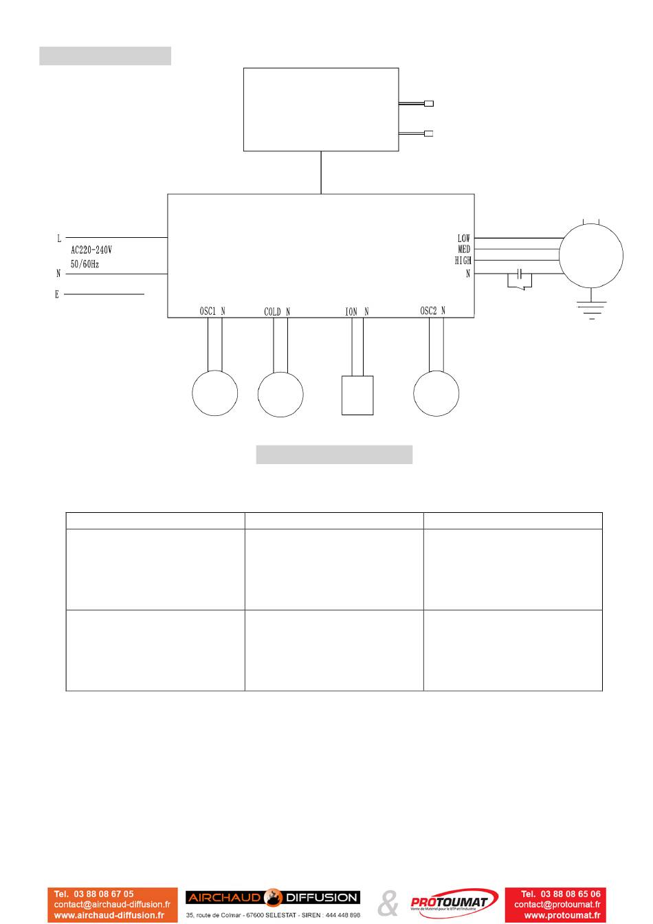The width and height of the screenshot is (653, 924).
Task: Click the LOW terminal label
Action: [464, 239]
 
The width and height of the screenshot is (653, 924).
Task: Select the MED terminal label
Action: [464, 250]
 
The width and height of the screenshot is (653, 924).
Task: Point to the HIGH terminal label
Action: [463, 261]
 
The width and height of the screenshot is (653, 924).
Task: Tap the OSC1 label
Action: [208, 311]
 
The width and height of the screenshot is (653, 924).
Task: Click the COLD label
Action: [273, 312]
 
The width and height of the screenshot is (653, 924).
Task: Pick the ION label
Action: [351, 312]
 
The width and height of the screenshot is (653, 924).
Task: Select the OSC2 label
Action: [428, 311]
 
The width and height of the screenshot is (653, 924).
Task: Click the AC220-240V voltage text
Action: [91, 251]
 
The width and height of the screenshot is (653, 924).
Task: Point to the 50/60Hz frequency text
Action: [85, 264]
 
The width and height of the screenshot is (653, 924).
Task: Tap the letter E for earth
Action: [57, 295]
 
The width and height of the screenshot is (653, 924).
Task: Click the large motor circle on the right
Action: [590, 255]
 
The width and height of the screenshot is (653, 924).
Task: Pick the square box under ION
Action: [357, 395]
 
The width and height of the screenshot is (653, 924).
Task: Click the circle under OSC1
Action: [215, 393]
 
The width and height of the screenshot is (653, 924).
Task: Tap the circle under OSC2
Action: [436, 393]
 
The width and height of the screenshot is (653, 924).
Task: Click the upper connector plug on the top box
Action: [429, 104]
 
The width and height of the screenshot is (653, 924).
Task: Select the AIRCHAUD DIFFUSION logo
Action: [273, 898]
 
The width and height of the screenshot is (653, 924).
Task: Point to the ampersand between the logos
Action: [388, 903]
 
